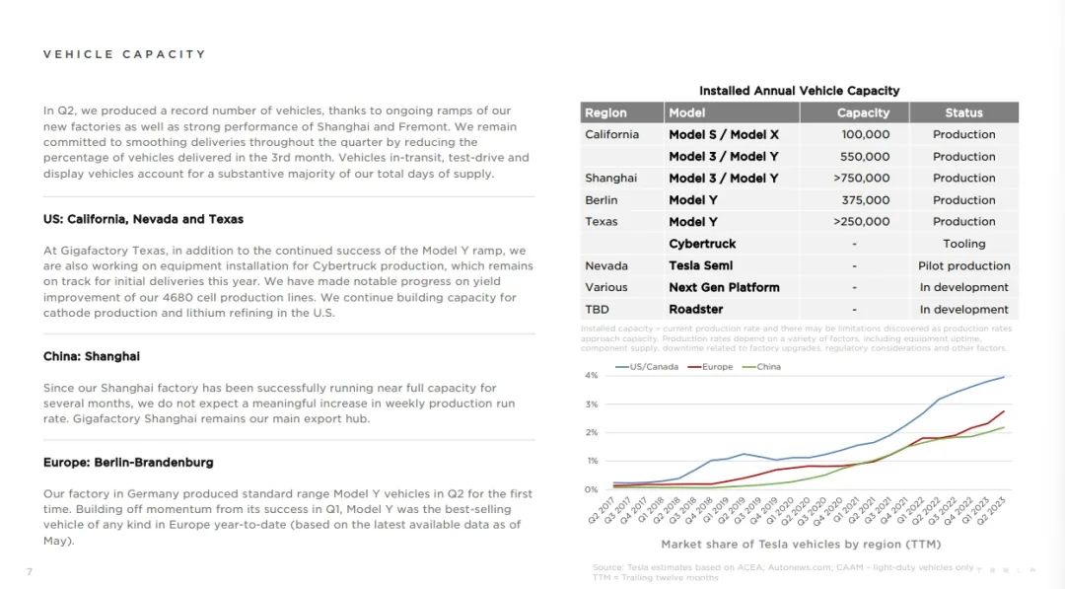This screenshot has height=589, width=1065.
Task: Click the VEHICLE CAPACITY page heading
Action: pos(124,54)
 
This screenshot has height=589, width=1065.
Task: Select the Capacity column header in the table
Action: pos(863,112)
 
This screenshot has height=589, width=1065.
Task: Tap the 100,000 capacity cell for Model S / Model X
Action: pos(865,134)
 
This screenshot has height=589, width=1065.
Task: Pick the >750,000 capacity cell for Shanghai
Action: pos(861,179)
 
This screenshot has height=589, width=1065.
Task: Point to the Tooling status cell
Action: pos(963,244)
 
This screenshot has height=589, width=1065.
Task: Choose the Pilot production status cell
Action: pos(963,265)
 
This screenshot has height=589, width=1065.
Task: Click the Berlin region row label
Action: pos(602,200)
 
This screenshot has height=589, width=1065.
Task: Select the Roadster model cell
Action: pos(695,309)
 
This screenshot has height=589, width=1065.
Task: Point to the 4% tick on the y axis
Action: pos(592,376)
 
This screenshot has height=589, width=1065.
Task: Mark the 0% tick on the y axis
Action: pos(592,489)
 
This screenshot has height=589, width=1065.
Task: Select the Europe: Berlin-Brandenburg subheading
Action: pos(128,462)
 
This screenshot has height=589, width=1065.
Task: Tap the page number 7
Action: pos(30,572)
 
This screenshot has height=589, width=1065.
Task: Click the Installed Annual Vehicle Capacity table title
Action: pos(799,91)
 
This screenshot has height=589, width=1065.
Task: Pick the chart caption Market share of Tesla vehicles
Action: pos(801,544)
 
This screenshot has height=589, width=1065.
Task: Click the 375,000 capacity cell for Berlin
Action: pos(865,200)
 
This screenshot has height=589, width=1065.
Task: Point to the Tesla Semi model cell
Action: pos(700,265)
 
